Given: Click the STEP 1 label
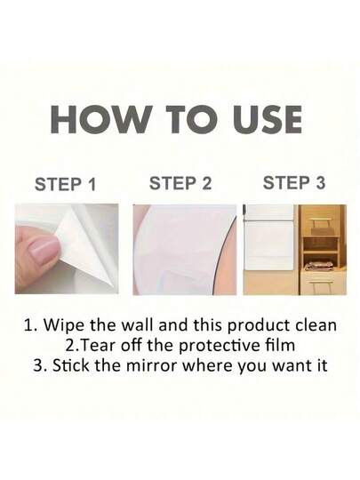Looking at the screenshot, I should pyautogui.click(x=65, y=186).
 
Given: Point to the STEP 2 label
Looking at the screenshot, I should pyautogui.click(x=180, y=184).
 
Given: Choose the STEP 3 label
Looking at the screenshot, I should pyautogui.click(x=293, y=184).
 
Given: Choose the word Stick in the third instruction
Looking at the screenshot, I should pyautogui.click(x=75, y=364).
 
